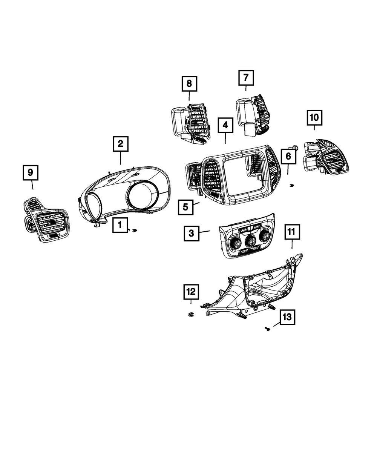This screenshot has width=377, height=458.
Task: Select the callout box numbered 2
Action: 120,144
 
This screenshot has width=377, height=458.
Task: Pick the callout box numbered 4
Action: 225,124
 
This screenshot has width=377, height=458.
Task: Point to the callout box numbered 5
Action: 186,207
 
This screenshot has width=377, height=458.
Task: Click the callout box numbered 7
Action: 246,78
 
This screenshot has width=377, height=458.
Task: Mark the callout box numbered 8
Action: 189,84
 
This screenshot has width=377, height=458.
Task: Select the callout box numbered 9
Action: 31,173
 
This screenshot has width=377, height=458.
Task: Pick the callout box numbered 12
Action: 191,291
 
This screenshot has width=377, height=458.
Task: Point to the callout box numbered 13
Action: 287,318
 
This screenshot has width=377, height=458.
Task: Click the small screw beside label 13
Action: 267,329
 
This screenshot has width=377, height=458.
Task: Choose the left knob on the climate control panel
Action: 236,244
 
